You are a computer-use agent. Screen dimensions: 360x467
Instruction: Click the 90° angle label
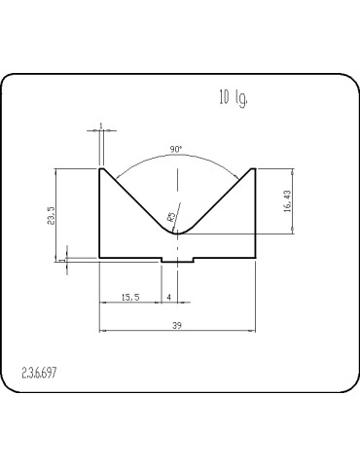pos(176,150)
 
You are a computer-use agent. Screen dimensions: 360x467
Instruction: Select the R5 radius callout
pos(171,217)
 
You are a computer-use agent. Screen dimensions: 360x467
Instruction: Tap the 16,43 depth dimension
pos(288,201)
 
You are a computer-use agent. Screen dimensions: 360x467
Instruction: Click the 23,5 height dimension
pos(53,216)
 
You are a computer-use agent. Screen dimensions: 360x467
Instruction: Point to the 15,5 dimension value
pos(130,297)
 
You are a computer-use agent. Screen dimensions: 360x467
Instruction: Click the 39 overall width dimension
pos(177,325)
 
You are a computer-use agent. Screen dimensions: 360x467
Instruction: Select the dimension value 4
pos(169,297)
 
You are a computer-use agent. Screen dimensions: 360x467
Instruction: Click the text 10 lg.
pos(234,97)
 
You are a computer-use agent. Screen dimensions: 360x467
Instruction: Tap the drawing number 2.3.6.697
pos(39,373)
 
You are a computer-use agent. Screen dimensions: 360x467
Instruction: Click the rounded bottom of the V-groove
pos(177,233)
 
